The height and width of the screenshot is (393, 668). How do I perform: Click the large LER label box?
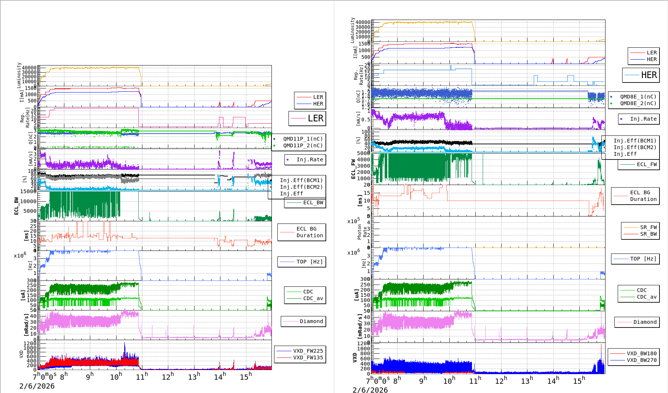pos(307,118)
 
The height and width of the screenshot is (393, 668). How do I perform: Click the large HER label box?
pos(641,75)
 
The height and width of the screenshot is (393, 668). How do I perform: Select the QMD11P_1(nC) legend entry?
pos(303,139)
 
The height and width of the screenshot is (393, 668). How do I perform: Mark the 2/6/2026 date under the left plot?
pos(37,386)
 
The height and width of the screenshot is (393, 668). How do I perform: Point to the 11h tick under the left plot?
pos(142,377)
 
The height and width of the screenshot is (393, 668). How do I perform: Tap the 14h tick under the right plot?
pos(553,380)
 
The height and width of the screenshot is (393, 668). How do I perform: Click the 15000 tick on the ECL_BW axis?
pos(28,191)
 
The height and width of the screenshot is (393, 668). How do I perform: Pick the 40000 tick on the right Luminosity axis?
pos(362,22)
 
